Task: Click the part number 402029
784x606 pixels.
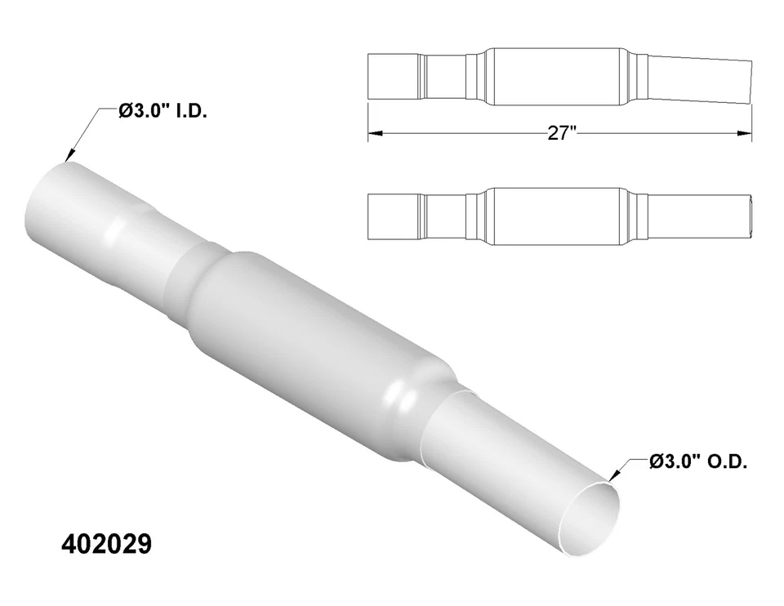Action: pyautogui.click(x=107, y=545)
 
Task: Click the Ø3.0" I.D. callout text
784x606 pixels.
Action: pyautogui.click(x=163, y=110)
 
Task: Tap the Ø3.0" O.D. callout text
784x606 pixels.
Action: pyautogui.click(x=697, y=461)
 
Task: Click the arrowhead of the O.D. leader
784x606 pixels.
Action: pyautogui.click(x=610, y=477)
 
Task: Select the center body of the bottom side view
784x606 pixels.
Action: pyautogui.click(x=555, y=216)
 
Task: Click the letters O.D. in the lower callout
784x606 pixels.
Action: pyautogui.click(x=725, y=461)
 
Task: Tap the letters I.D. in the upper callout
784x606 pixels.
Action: pyautogui.click(x=190, y=110)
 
